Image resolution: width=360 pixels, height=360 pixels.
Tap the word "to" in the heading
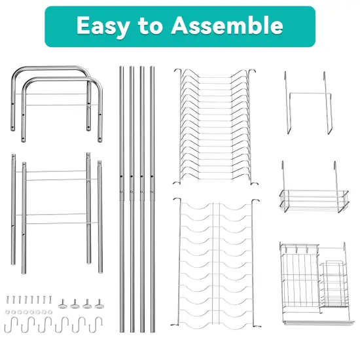tap(151, 26)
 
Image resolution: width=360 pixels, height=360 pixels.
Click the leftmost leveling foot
tap(63, 304)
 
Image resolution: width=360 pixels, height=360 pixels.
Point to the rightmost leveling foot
tap(99, 304)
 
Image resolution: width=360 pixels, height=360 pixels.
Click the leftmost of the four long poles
tap(122, 196)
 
